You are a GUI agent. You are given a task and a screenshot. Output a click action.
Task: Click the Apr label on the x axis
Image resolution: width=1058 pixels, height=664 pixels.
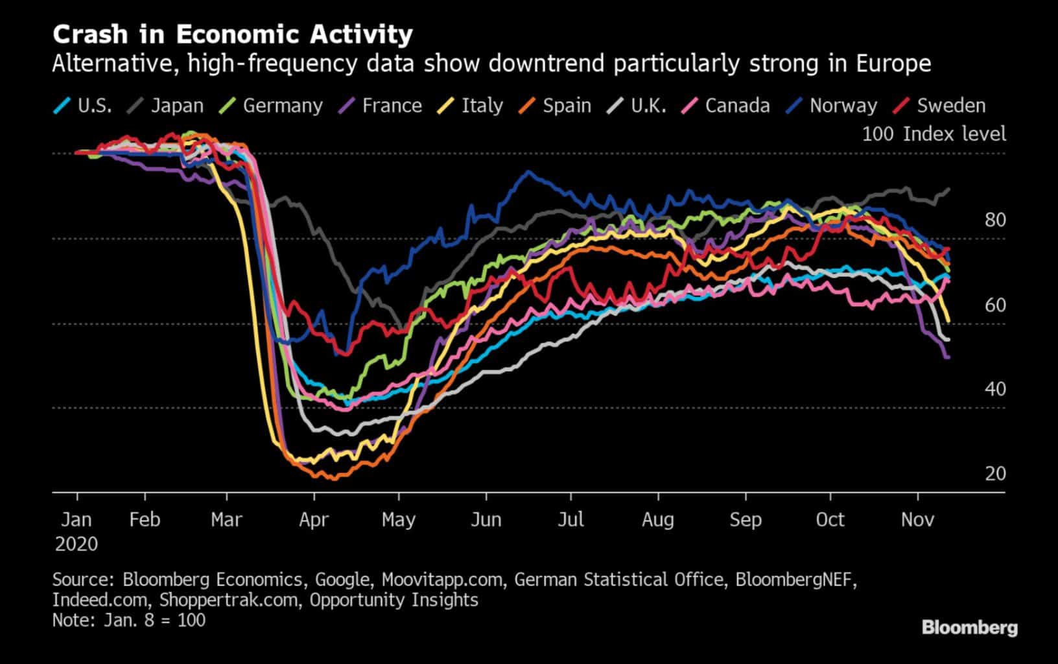314,520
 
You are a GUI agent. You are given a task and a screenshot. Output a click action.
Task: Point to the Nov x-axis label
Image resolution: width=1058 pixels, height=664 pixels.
917,520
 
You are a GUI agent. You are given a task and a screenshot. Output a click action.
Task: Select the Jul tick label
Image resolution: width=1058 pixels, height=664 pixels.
570,520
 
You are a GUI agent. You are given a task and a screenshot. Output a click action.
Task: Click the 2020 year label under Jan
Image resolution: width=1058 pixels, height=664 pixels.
76,543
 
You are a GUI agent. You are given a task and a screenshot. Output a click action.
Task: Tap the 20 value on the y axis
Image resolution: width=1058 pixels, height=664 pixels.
995,473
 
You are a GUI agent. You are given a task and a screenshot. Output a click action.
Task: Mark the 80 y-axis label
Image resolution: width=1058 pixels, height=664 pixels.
995,220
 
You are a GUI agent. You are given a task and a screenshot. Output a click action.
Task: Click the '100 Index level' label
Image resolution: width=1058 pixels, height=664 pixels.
934,134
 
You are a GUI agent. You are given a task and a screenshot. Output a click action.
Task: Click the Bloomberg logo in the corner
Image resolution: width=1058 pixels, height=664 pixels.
969,628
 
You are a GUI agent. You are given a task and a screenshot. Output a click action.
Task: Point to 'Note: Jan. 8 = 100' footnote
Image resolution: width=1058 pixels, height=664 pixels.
129,620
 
